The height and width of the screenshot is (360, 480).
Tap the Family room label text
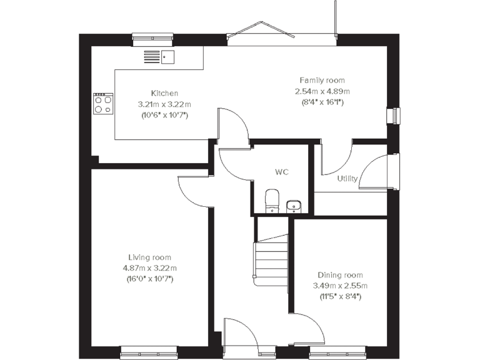click(x=321, y=80)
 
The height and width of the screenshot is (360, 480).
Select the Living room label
click(x=149, y=257)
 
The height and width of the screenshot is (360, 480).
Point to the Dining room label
click(x=340, y=275)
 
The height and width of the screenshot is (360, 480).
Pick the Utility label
click(x=347, y=179)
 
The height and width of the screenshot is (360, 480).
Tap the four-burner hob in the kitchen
click(x=103, y=104)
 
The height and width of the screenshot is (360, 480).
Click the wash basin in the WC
click(x=294, y=205)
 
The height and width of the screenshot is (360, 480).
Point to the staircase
click(x=270, y=259)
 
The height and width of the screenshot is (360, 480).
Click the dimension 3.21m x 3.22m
click(x=164, y=104)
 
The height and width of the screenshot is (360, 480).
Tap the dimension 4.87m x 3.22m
click(x=149, y=268)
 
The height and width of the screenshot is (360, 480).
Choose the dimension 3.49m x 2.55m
click(x=340, y=286)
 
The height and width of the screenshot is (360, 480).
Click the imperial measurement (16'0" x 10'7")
click(x=149, y=279)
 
